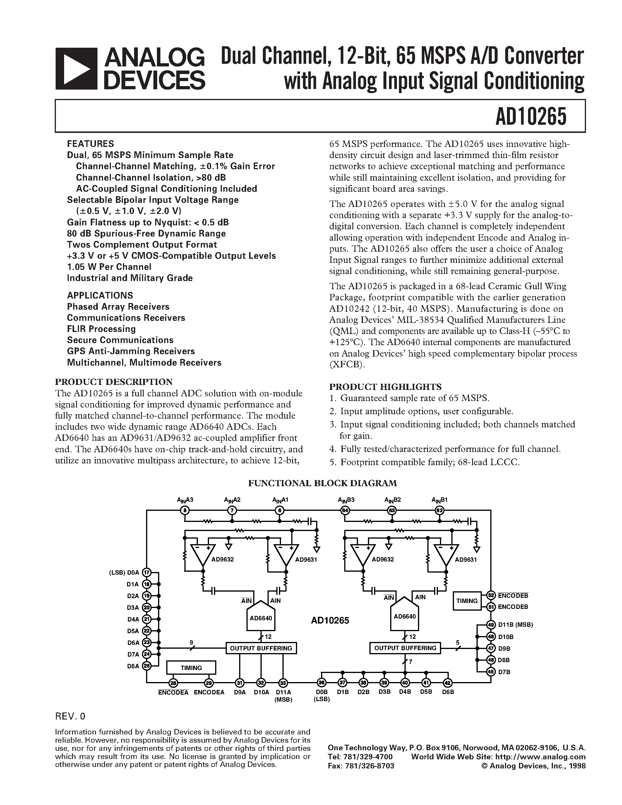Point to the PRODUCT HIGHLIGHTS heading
coord(385,387)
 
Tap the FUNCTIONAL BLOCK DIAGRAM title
coord(323,483)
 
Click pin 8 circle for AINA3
coord(185,511)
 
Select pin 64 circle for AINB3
coord(345,511)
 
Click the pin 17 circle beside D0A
coord(147,572)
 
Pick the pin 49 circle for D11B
coord(491,625)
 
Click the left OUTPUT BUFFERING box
coord(261,648)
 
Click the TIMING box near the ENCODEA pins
coord(191,667)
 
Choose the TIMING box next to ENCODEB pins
coord(467,601)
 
